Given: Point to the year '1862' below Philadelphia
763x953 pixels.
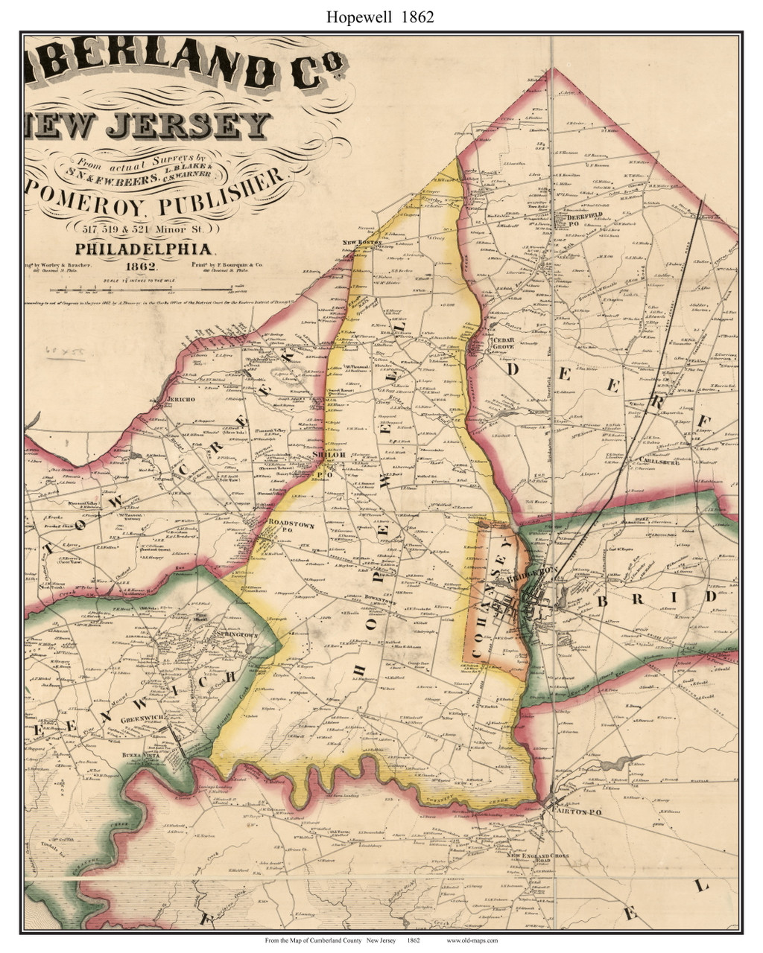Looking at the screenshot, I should coord(140,266).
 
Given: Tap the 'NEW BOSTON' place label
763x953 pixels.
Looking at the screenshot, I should coord(361,243).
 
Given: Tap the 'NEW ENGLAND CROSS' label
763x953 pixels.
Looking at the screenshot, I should coord(538,856).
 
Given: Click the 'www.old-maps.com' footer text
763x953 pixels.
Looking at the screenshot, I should coord(472,940).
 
